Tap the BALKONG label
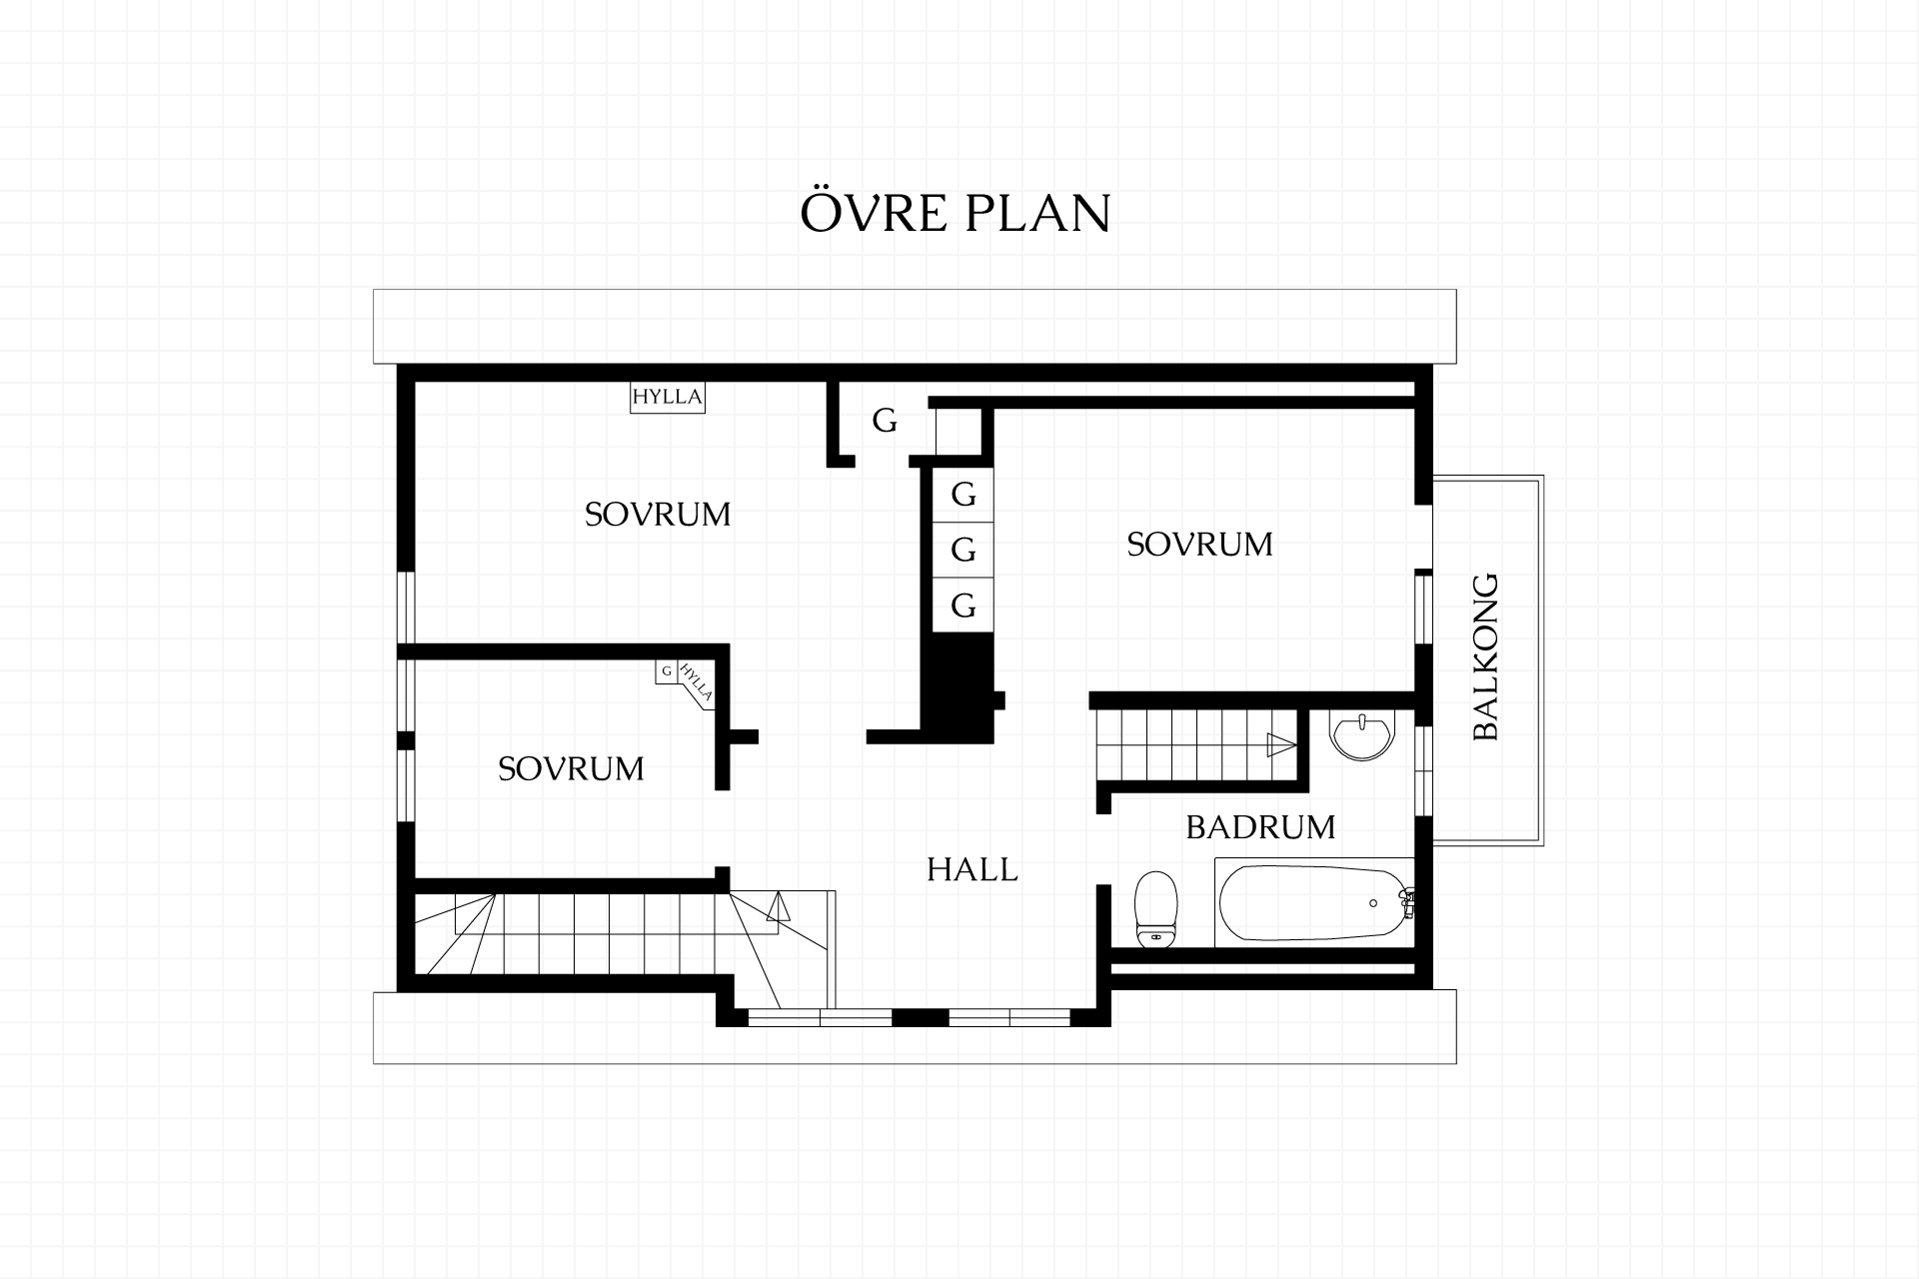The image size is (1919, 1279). click(x=1486, y=656)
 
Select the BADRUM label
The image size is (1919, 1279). click(x=1260, y=827)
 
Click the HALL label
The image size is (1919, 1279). click(x=971, y=869)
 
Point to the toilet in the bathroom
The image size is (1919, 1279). click(x=1155, y=908)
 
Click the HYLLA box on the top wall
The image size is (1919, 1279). click(x=667, y=397)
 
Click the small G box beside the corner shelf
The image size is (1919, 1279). click(x=667, y=671)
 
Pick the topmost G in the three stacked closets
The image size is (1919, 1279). click(x=963, y=495)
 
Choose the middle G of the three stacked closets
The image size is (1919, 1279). click(x=963, y=550)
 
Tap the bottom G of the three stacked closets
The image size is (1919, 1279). click(x=963, y=606)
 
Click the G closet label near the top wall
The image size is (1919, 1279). click(x=885, y=422)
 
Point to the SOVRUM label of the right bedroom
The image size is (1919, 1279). click(x=1199, y=545)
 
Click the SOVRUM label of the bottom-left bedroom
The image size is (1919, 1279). click(x=571, y=768)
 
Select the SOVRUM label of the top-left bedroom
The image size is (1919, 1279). click(x=658, y=515)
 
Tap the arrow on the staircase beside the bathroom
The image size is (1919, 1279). click(x=1280, y=744)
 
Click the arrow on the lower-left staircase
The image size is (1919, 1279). click(x=778, y=906)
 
